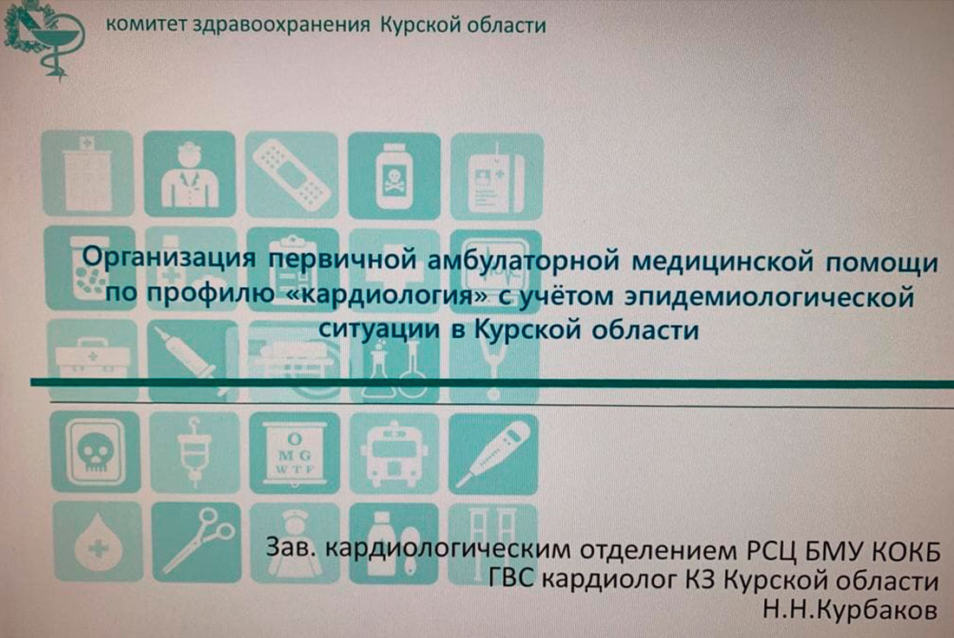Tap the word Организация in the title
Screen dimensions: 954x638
(168, 258)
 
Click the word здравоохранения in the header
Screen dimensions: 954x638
(280, 25)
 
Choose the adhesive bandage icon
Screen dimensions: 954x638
(291, 174)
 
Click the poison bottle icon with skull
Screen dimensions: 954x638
(394, 175)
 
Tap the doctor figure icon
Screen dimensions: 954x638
(189, 174)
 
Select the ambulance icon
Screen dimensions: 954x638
(394, 453)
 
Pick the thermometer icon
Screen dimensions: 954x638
(493, 454)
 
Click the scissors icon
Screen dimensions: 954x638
(196, 541)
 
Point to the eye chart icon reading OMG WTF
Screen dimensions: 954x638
(295, 453)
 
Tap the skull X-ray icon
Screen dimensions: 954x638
(95, 452)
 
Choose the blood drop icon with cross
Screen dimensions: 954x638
(97, 541)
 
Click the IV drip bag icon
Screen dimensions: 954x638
(194, 452)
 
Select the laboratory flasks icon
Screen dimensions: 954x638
(395, 363)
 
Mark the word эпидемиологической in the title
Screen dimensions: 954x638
(769, 297)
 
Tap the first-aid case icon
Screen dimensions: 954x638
(93, 361)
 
